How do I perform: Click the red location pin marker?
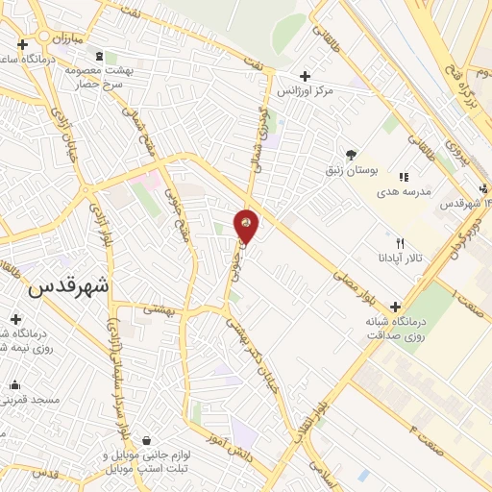point(246,225)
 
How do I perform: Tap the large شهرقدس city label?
point(70,286)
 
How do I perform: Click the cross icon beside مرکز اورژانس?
point(306,76)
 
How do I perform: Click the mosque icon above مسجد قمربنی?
point(14,385)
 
